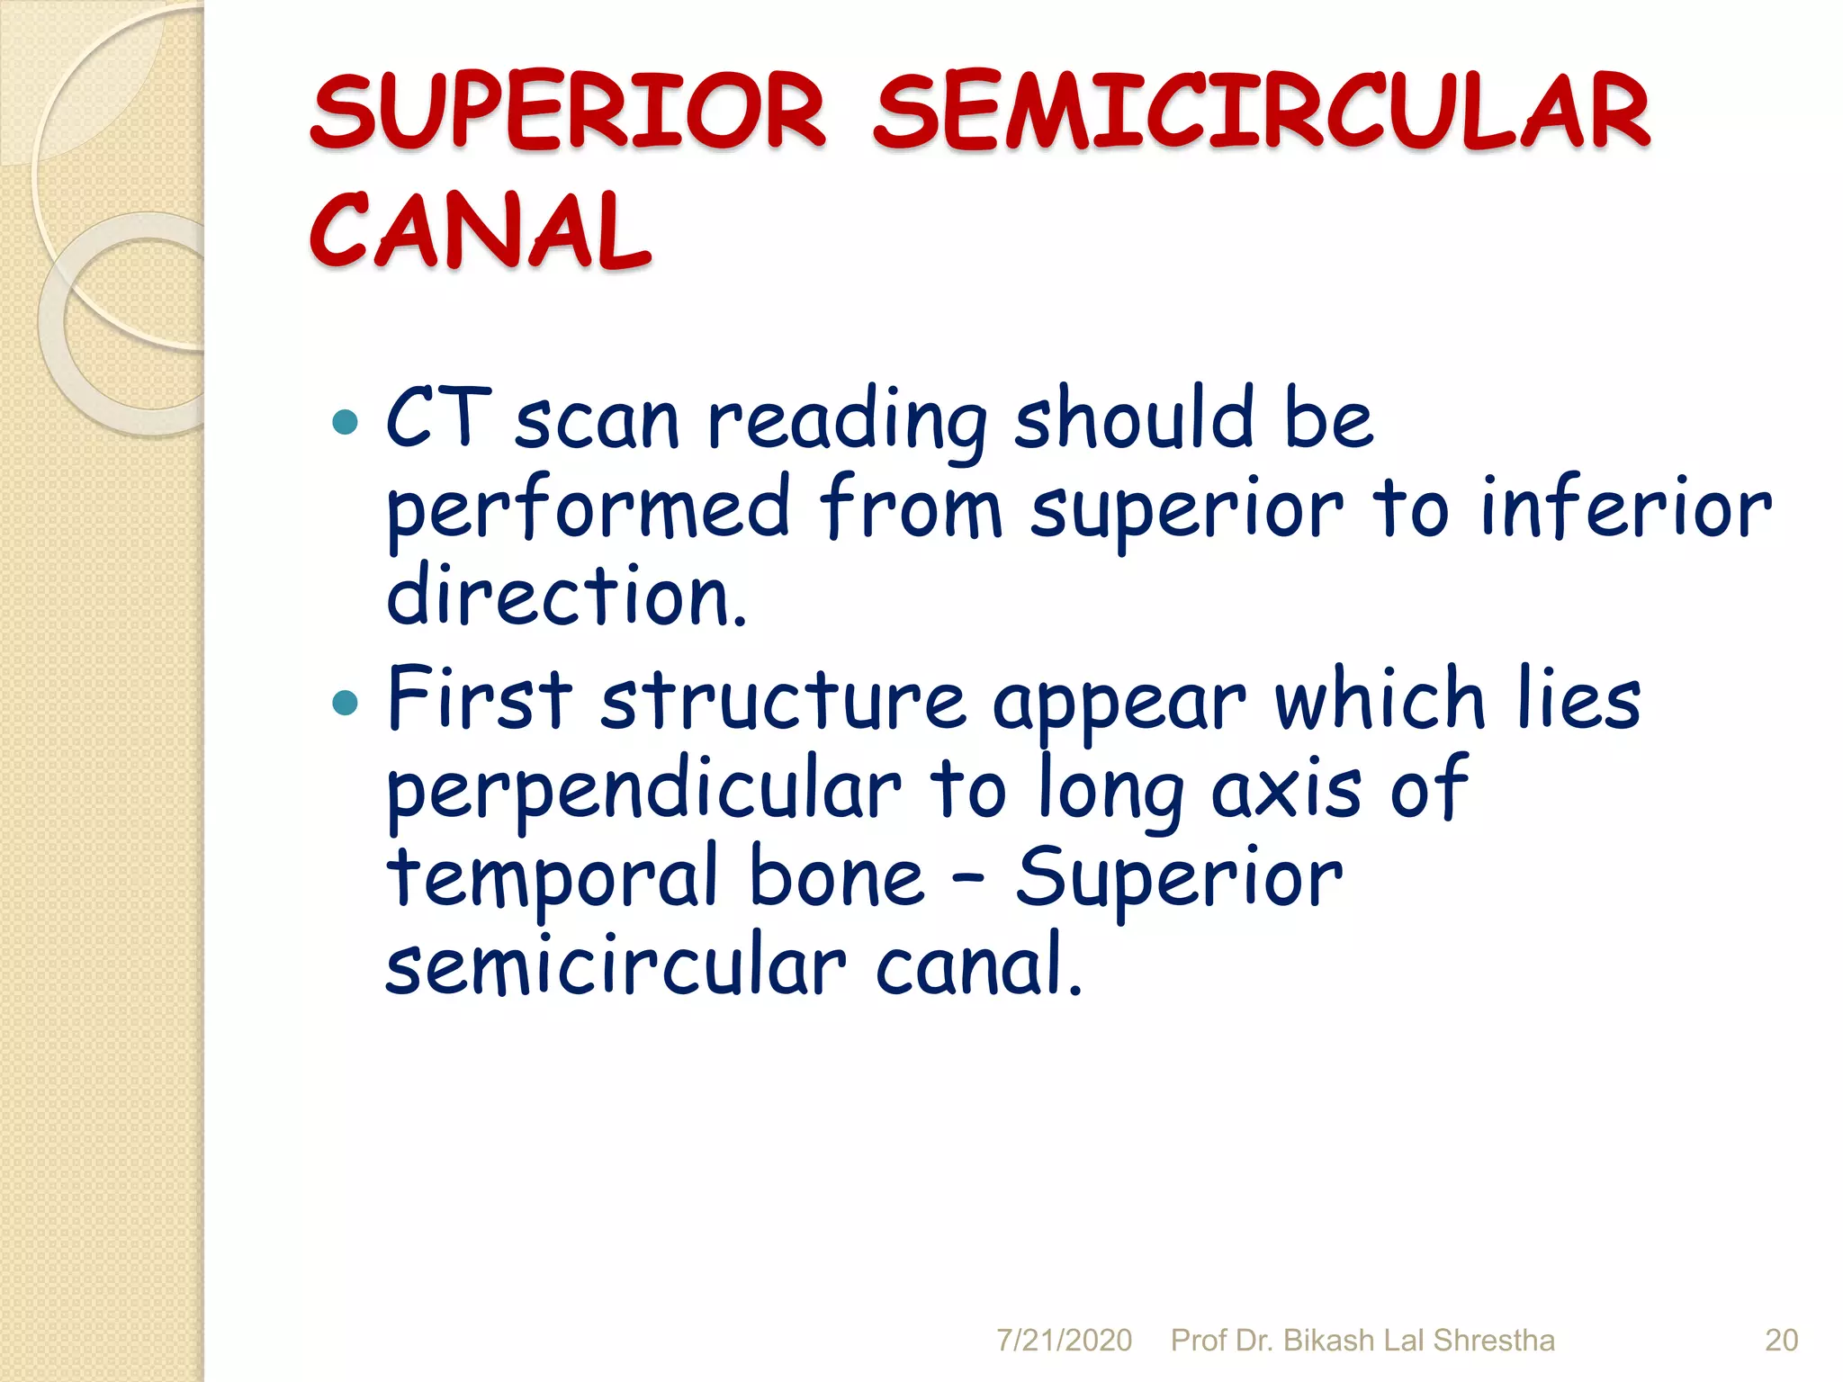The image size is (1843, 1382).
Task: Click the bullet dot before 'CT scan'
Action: (x=345, y=421)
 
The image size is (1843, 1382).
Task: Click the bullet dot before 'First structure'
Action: (x=345, y=702)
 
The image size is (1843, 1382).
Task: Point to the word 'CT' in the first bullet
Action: (x=438, y=418)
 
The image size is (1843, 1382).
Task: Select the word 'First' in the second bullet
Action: (x=480, y=699)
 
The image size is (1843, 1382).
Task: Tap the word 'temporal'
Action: (x=552, y=880)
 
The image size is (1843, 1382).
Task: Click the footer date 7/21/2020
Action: (x=1064, y=1341)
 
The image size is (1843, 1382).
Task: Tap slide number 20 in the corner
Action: (x=1781, y=1341)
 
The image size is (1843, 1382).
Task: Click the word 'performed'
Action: (x=588, y=510)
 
